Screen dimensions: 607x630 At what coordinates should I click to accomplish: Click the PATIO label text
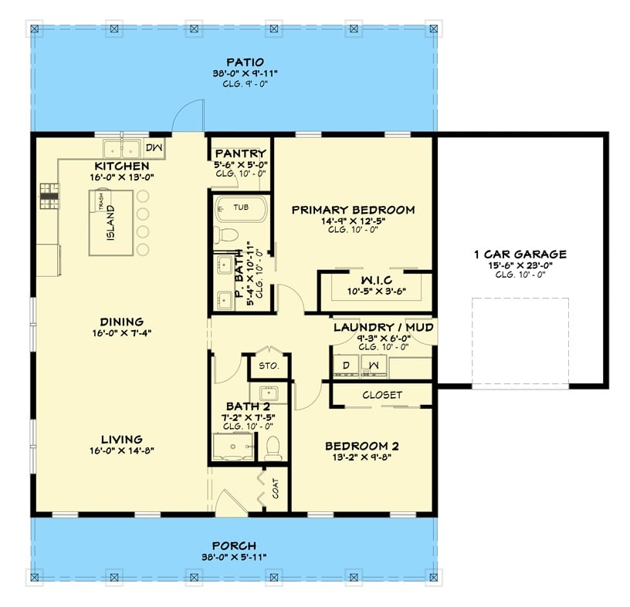tap(245, 62)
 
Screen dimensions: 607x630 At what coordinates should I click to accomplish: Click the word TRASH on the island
tap(101, 199)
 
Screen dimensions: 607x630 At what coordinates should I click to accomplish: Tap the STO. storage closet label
tap(268, 365)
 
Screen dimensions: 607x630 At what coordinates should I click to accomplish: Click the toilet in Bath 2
tap(273, 447)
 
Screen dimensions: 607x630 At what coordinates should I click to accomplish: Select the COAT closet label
tap(275, 489)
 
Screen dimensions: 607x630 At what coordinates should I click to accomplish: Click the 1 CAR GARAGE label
tap(520, 254)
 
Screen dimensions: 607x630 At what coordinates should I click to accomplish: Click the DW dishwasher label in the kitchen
tap(153, 147)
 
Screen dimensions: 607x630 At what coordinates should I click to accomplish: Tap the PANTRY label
tap(240, 154)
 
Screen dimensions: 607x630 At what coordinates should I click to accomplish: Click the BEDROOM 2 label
tap(361, 446)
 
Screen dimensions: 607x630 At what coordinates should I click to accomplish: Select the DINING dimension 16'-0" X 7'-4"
tap(121, 333)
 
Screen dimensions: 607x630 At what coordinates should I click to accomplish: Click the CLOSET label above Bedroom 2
tap(382, 395)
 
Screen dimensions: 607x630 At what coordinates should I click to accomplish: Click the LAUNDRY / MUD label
tap(382, 328)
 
